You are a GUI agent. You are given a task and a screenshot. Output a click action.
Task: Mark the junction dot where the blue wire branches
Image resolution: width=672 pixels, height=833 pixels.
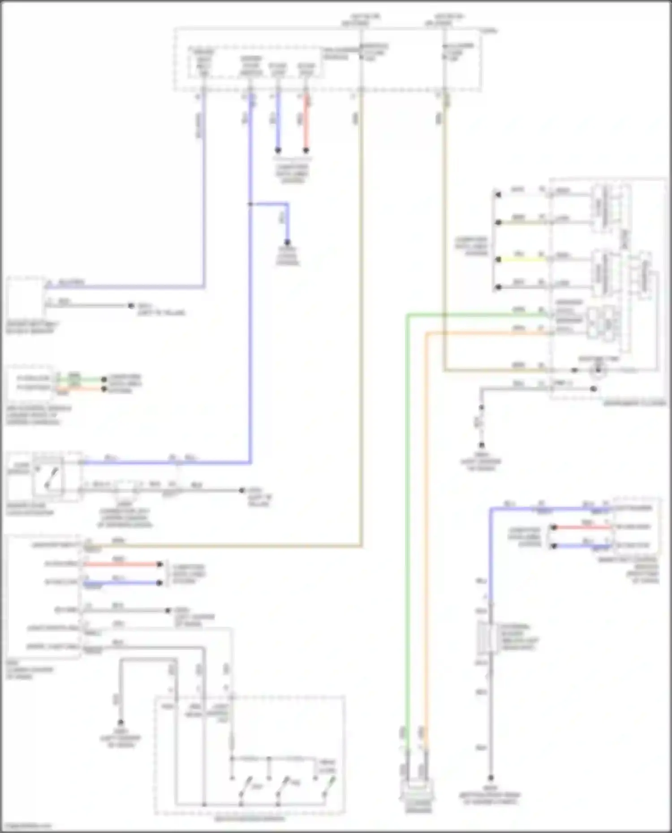(250, 204)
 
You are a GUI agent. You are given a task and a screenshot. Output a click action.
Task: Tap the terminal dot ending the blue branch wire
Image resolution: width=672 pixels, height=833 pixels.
(288, 242)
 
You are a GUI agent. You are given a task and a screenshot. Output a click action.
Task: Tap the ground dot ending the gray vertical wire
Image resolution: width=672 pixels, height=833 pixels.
(491, 778)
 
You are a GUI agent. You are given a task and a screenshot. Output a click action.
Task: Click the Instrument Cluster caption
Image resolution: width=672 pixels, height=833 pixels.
(634, 403)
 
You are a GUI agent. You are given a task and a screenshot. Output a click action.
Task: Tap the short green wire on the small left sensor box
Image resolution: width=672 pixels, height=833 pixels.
(81, 380)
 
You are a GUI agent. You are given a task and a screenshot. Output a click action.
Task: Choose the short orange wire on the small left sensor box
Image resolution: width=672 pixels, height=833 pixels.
(81, 389)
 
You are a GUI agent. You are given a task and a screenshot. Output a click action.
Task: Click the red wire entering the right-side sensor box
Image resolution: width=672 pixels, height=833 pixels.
(582, 527)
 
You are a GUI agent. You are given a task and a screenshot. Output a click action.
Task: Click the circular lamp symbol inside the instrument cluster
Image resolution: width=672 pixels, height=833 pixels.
(598, 370)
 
